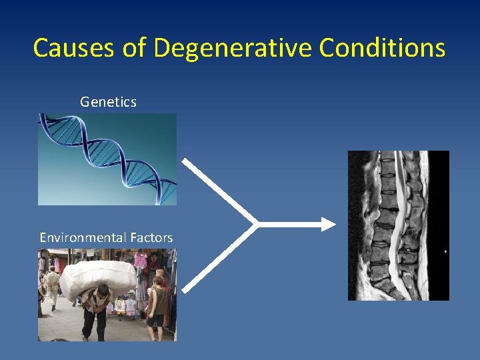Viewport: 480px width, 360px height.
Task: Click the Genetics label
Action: (108, 102)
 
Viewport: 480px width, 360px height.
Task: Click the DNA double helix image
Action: (107, 159)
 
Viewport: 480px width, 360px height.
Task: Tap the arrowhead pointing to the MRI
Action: (329, 224)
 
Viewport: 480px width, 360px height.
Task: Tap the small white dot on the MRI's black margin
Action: (445, 251)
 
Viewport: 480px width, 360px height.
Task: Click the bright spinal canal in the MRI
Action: (398, 220)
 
